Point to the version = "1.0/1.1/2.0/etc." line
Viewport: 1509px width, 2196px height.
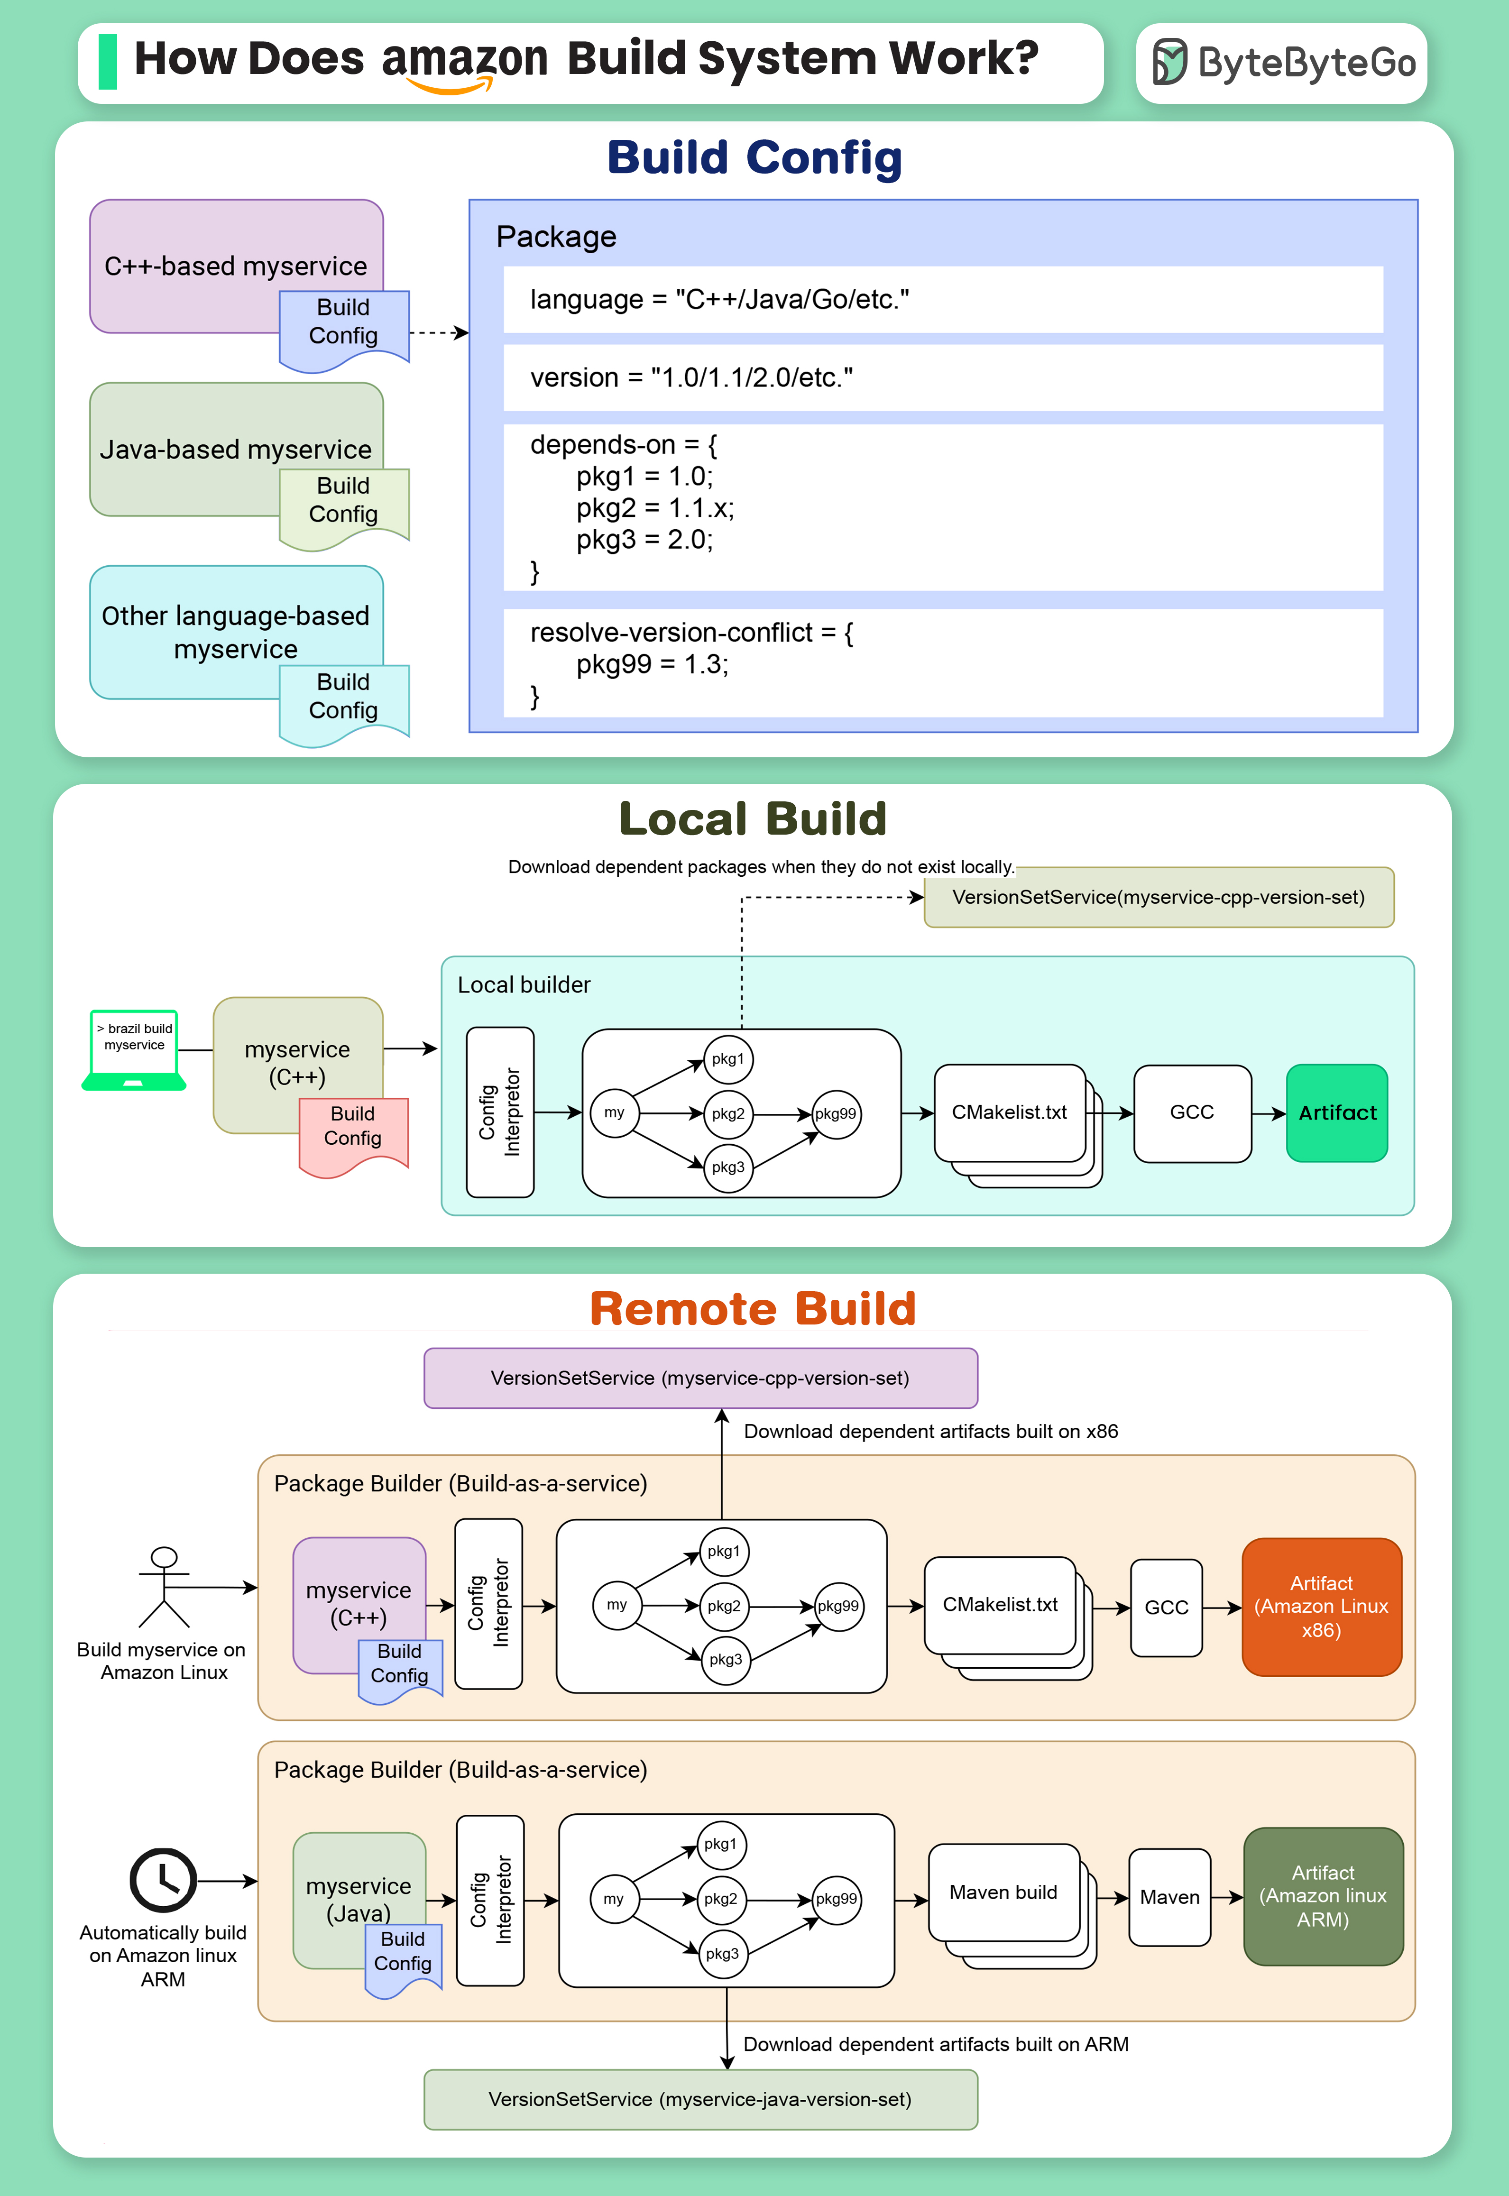[x=691, y=377]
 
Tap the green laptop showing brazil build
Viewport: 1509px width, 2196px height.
[x=134, y=1049]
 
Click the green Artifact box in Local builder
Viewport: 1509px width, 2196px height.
[x=1337, y=1112]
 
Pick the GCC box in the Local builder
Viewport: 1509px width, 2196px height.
[x=1192, y=1112]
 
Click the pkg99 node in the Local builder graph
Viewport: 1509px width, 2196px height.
[x=836, y=1113]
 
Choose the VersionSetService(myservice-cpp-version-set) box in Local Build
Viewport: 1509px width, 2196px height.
[x=1158, y=897]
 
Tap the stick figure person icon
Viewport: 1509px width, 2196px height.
[x=165, y=1586]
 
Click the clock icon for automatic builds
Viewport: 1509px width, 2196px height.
[x=163, y=1880]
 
